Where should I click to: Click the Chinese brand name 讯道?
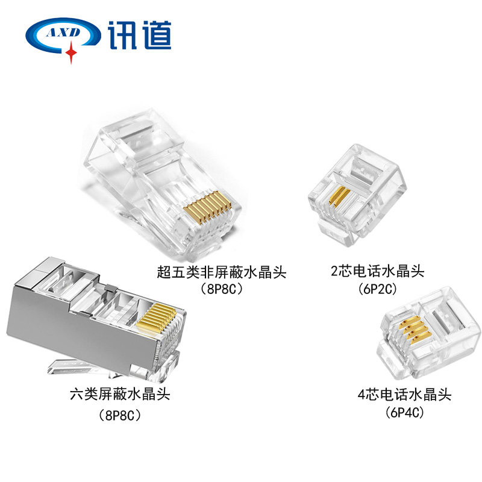point(140,35)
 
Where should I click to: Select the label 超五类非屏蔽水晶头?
point(221,272)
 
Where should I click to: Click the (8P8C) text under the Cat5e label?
point(221,289)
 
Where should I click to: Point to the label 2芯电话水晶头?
point(377,271)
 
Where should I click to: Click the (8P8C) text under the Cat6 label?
point(120,415)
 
